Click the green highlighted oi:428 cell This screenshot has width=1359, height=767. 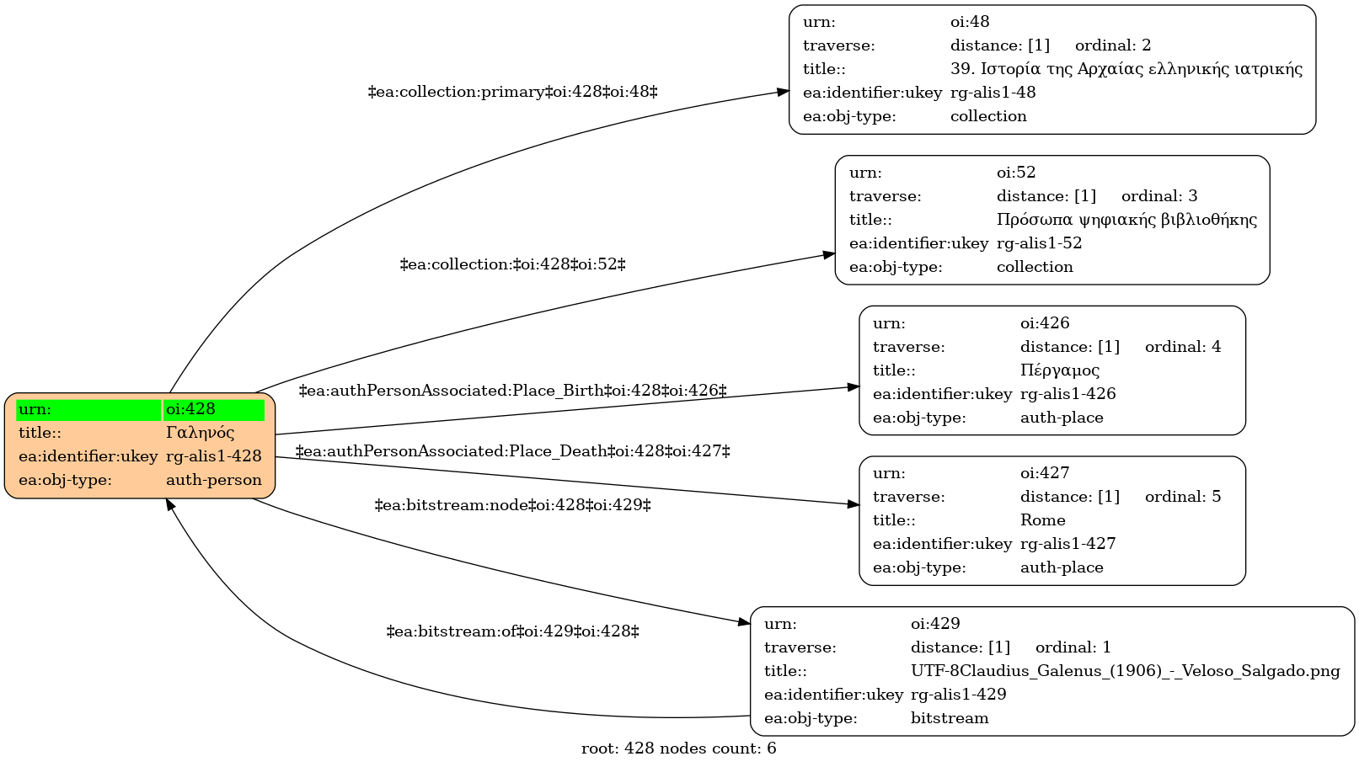click(x=213, y=410)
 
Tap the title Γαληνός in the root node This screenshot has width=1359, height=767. click(x=201, y=433)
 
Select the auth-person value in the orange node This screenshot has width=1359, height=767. click(x=213, y=480)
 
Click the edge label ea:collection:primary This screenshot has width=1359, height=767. click(x=512, y=92)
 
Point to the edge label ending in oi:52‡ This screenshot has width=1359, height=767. click(x=512, y=264)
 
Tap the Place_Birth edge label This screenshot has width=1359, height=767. click(x=512, y=391)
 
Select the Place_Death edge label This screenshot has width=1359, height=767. click(x=512, y=452)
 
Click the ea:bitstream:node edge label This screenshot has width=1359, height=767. click(x=512, y=505)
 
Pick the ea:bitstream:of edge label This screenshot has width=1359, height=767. click(x=512, y=631)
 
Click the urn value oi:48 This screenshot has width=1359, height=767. click(x=970, y=22)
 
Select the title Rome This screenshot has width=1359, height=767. click(x=1043, y=520)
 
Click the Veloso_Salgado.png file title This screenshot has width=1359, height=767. click(x=1126, y=671)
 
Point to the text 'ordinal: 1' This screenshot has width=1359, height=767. click(x=1073, y=647)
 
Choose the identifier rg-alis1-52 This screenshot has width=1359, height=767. click(x=1040, y=244)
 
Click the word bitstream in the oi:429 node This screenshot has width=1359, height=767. click(x=950, y=718)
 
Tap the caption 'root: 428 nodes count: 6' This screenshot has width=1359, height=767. click(x=679, y=748)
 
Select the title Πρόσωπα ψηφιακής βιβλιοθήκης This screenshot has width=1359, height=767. click(x=1126, y=220)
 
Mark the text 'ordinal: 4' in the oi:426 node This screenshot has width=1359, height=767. click(x=1183, y=347)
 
